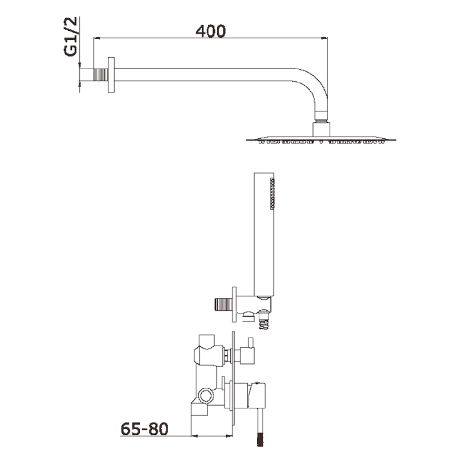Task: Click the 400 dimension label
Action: [x=211, y=31]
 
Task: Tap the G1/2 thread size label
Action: [x=71, y=37]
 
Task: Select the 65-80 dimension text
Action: [x=144, y=429]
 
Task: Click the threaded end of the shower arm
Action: [x=100, y=75]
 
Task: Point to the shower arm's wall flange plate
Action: [x=111, y=75]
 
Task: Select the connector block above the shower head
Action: [x=321, y=129]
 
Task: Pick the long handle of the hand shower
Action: [x=264, y=235]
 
